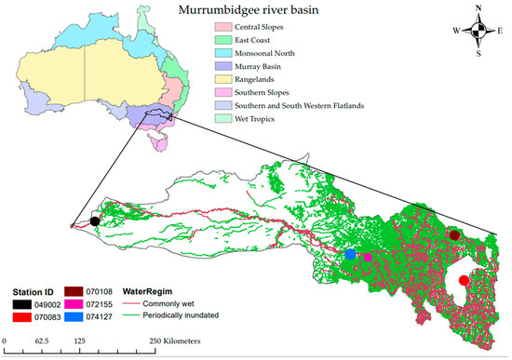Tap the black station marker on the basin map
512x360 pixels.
point(95,221)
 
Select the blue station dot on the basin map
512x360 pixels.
point(350,254)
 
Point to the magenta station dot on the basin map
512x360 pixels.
point(368,258)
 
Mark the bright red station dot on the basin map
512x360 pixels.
point(464,281)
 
